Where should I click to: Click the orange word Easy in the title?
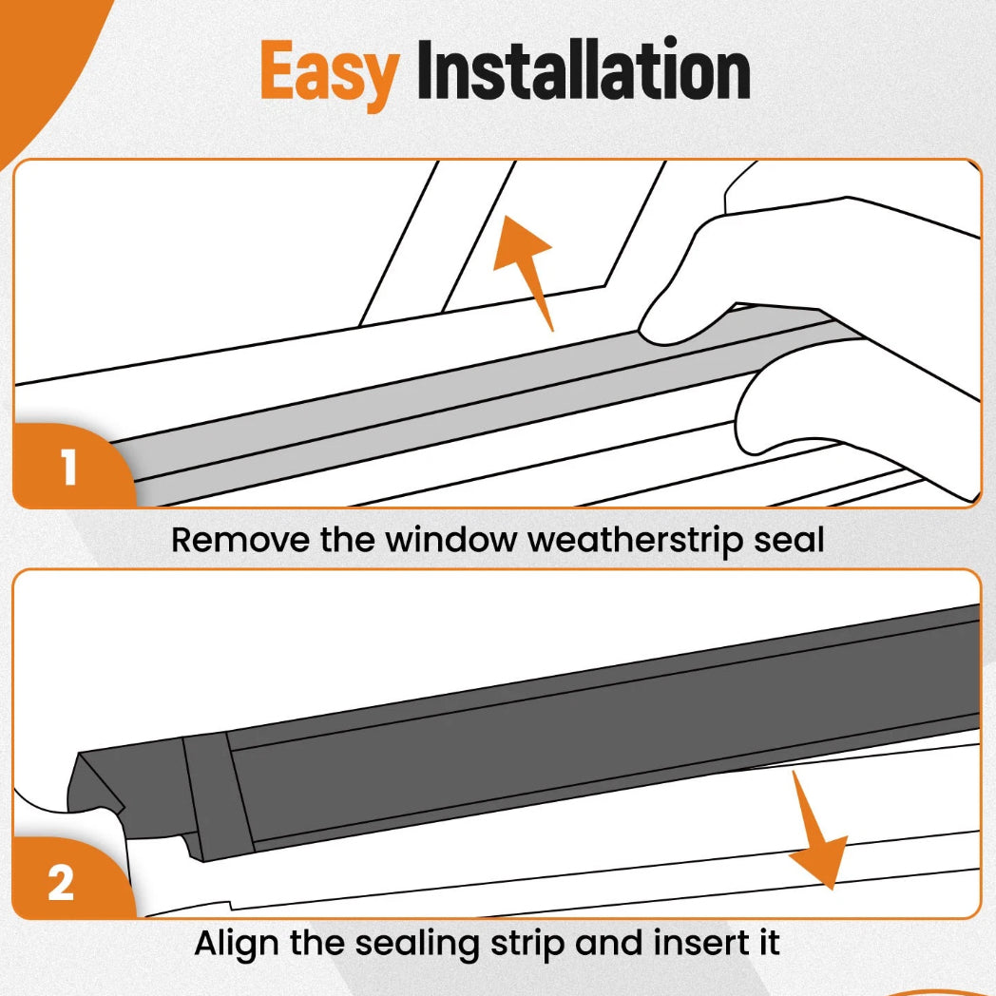point(330,72)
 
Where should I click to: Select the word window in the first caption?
point(451,541)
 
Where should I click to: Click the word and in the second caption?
point(608,943)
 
